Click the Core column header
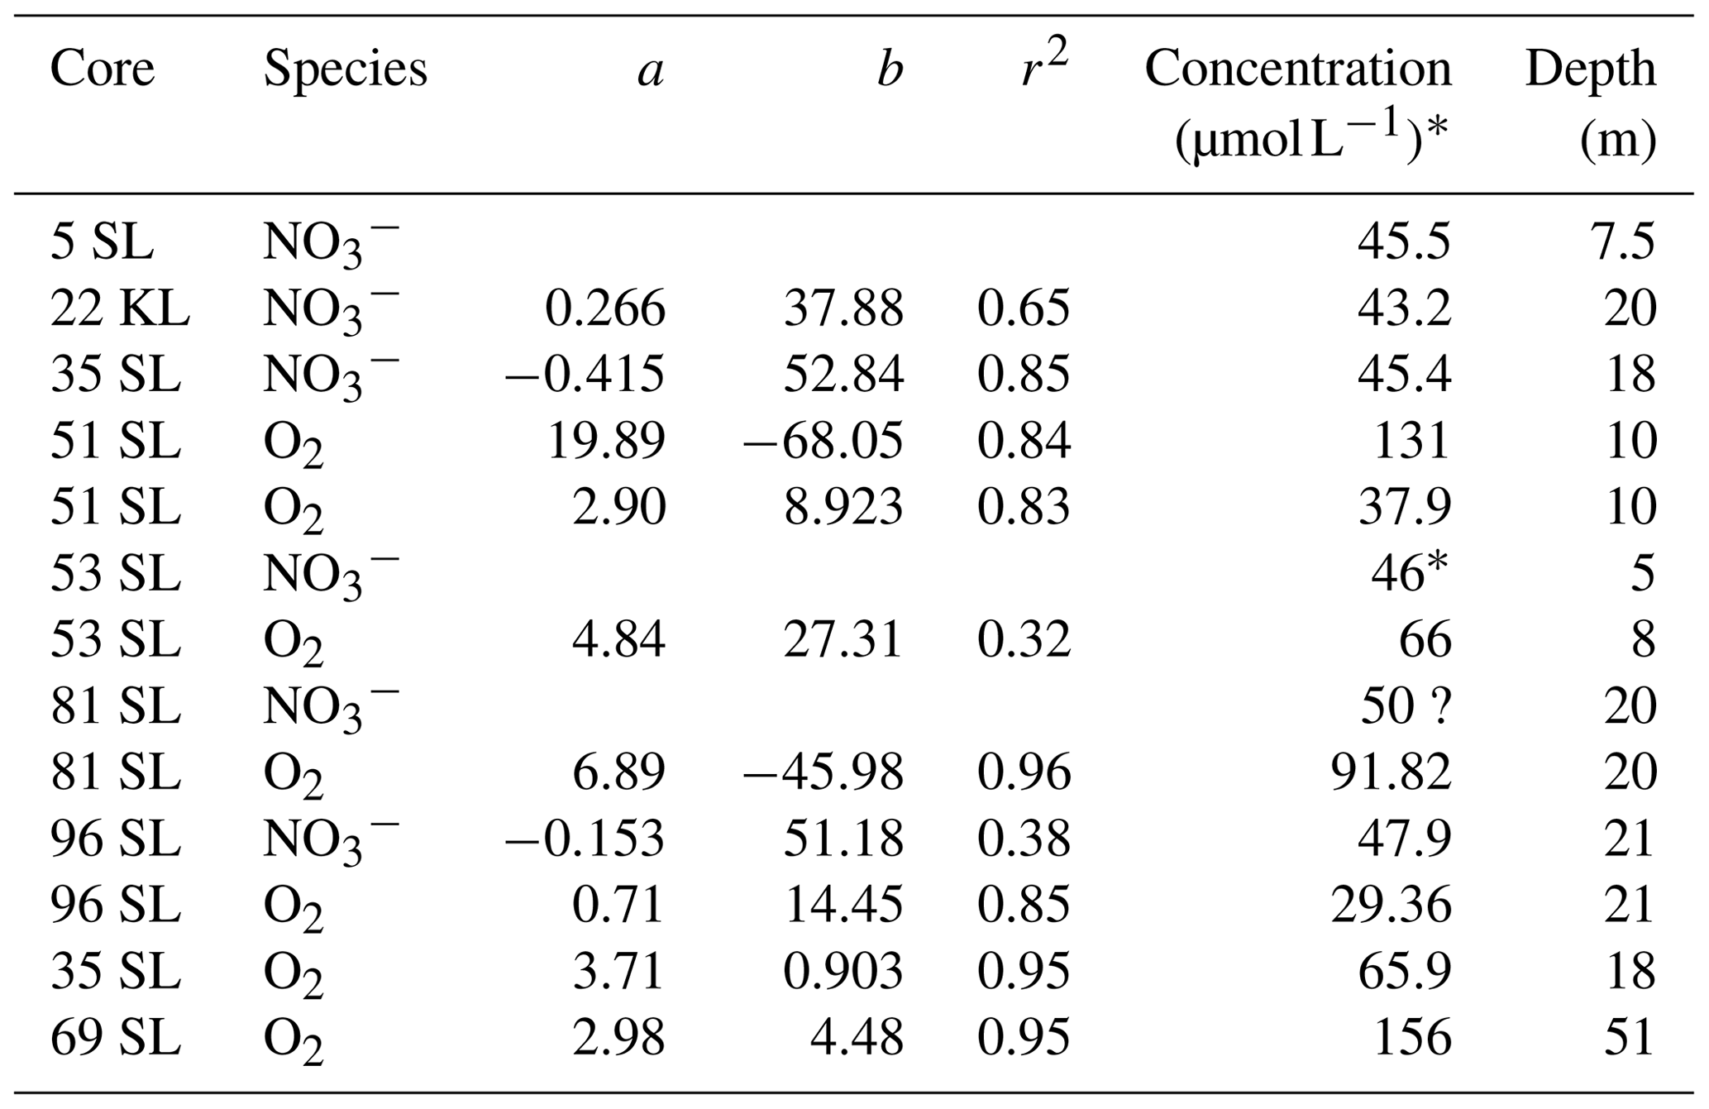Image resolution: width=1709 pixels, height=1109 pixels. [102, 69]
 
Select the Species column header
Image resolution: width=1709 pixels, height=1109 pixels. [345, 69]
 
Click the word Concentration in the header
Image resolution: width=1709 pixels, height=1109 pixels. [1297, 69]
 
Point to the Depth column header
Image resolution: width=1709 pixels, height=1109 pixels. [1590, 69]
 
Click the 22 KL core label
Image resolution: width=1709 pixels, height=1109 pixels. [120, 308]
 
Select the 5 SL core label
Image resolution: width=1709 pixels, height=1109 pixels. [102, 242]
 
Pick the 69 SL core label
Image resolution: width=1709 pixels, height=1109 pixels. [115, 1037]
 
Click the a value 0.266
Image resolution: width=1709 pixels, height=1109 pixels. [604, 308]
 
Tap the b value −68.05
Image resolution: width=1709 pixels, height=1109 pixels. [823, 441]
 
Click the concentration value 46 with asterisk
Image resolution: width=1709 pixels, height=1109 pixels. [1409, 572]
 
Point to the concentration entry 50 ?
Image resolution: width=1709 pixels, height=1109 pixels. [1405, 705]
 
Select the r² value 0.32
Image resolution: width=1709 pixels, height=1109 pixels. [1024, 639]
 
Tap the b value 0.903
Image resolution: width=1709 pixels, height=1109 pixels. [843, 971]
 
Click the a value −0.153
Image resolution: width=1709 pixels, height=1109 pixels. [585, 839]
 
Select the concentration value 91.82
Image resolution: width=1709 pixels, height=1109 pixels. [1391, 772]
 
